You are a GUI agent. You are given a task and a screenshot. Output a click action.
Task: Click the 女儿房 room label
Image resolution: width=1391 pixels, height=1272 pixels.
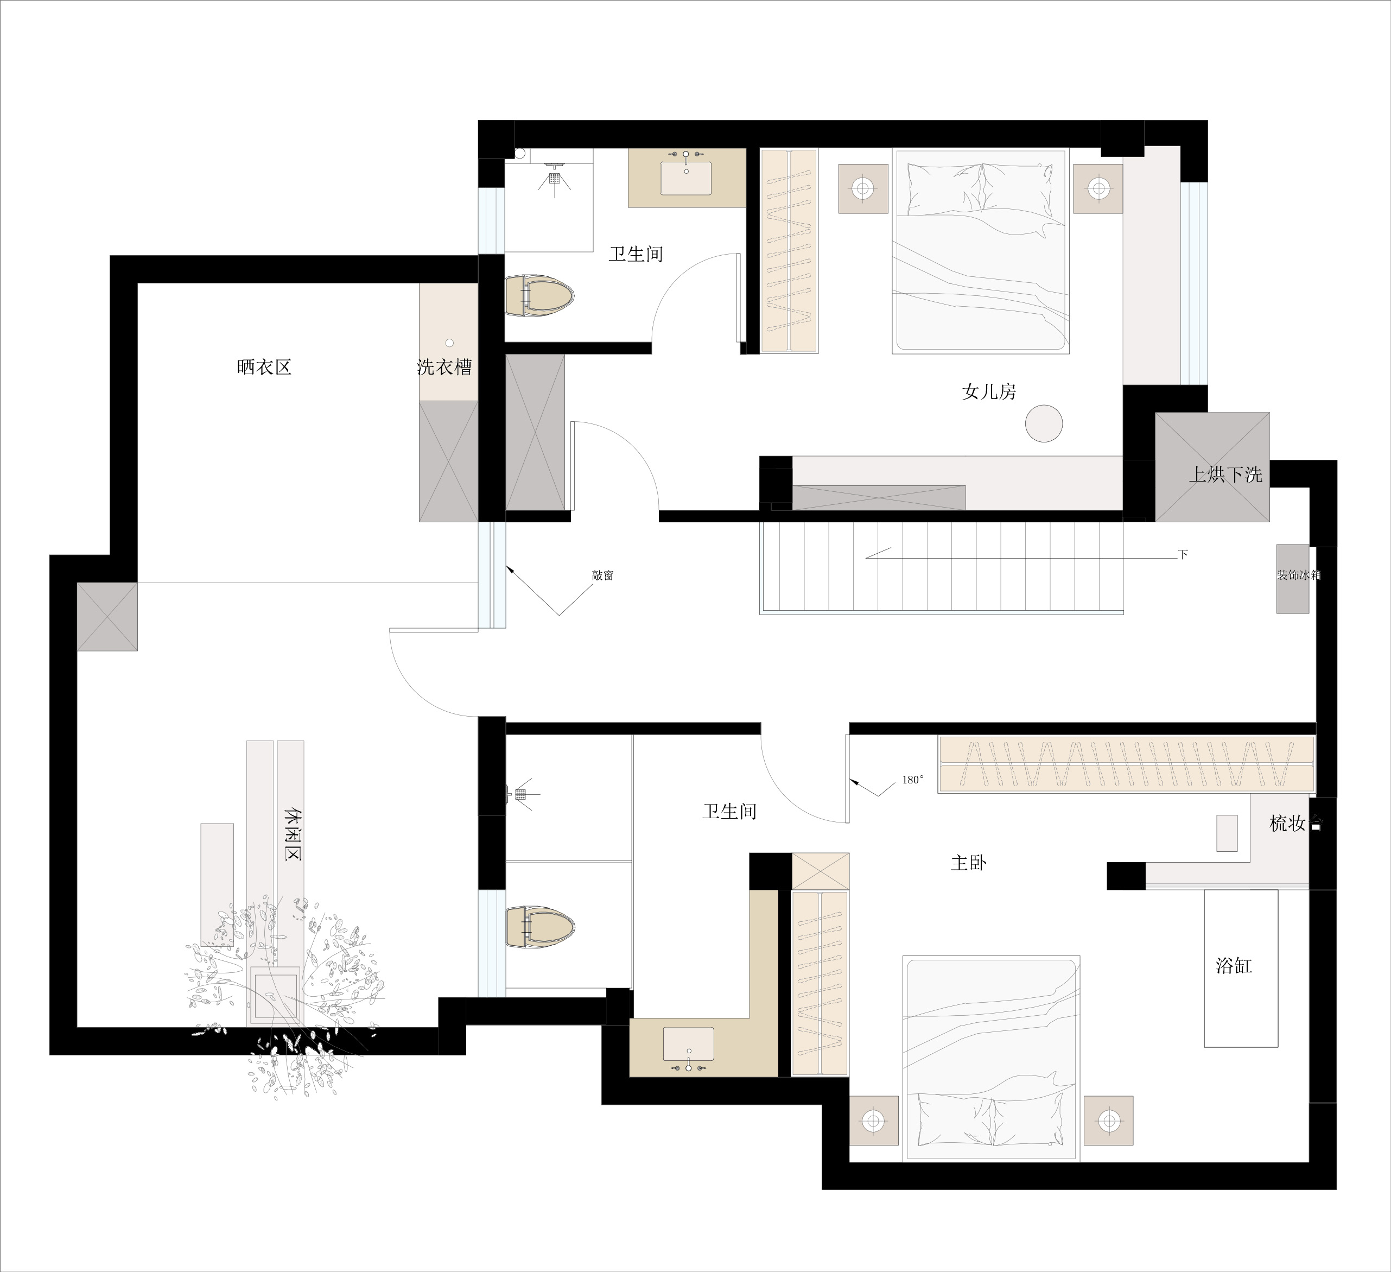point(989,392)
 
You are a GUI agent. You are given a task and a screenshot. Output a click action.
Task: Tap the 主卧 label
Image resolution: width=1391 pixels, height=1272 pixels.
point(969,863)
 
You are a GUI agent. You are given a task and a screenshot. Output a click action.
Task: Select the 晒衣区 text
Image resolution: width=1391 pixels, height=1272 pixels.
point(264,366)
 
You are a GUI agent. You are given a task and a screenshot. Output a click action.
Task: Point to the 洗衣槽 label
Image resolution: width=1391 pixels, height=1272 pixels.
point(444,366)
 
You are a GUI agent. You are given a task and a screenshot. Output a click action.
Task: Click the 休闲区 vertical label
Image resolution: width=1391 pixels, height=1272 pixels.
point(293,834)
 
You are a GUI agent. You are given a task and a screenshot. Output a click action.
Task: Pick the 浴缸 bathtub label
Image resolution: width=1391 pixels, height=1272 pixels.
point(1234,966)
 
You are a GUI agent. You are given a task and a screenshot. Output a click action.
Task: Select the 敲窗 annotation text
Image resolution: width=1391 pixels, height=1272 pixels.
point(602,575)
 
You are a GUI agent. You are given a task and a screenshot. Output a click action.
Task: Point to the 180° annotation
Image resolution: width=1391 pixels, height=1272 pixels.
point(912,780)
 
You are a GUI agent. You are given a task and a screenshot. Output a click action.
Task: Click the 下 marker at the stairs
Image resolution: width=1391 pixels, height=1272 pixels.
point(1183,554)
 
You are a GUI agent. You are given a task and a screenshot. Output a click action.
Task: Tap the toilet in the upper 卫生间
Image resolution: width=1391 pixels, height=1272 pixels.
point(539,295)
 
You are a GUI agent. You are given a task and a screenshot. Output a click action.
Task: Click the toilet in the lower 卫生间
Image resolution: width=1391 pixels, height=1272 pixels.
point(540,927)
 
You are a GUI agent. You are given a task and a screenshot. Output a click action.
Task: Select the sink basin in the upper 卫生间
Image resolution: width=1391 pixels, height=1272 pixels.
point(686,178)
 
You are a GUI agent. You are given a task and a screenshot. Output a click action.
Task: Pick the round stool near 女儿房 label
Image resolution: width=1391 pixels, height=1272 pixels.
point(1043,423)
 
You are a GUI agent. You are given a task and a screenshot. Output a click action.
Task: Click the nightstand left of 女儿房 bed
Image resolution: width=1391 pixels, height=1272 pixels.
point(863,188)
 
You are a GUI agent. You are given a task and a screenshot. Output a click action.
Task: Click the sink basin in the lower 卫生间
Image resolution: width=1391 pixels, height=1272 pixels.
point(689,1043)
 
